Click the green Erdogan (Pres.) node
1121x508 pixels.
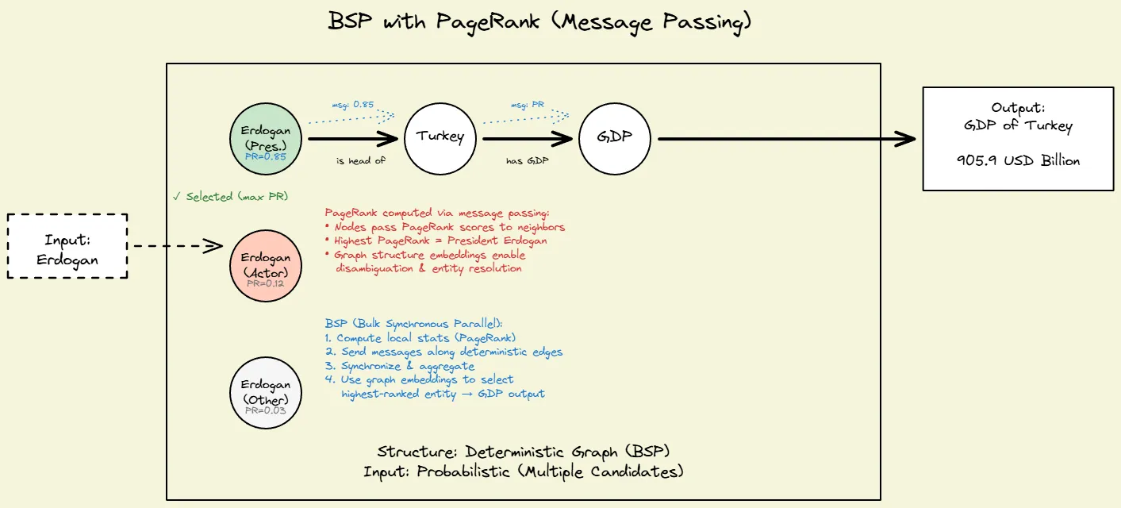[265, 137]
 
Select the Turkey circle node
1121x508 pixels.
[440, 137]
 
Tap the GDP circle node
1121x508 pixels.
[616, 137]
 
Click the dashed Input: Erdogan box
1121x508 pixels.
[67, 245]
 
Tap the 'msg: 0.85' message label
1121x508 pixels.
[352, 105]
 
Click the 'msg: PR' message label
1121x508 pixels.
[527, 105]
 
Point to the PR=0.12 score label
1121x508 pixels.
[265, 284]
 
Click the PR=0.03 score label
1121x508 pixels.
[265, 411]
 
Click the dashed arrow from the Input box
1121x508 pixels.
[175, 246]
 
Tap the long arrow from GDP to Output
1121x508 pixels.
[785, 139]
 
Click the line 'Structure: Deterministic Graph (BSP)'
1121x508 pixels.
[524, 452]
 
